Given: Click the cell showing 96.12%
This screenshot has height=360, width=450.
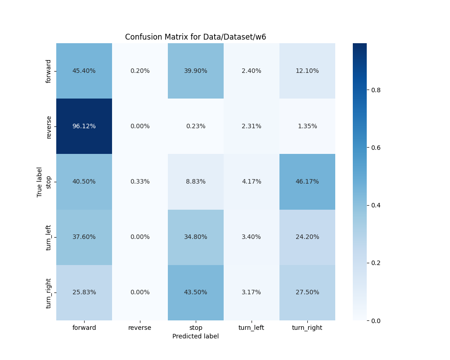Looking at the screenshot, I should click(x=84, y=126).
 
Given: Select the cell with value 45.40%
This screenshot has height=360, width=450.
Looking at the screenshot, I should click(x=84, y=71).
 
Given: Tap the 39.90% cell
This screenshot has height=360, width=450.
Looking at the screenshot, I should click(x=196, y=71).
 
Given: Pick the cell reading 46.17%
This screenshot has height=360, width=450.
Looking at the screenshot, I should click(x=307, y=181).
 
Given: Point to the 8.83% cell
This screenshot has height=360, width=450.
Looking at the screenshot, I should click(x=196, y=181).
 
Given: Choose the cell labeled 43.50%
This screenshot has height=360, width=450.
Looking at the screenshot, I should click(x=196, y=292).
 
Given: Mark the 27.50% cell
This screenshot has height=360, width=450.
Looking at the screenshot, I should click(x=307, y=292).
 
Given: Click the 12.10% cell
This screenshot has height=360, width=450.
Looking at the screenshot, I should click(x=307, y=71).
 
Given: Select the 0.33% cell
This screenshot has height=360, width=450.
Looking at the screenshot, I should click(x=140, y=181).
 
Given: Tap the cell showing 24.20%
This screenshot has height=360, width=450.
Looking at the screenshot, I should click(x=307, y=237).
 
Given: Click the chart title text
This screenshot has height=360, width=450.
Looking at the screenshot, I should click(x=195, y=37).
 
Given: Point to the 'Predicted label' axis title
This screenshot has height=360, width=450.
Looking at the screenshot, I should click(x=195, y=336).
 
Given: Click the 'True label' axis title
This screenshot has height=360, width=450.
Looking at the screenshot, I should click(x=40, y=182).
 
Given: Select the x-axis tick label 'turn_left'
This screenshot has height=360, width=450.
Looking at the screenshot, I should click(x=251, y=328).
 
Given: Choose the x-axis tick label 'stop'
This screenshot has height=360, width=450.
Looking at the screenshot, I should click(x=196, y=328).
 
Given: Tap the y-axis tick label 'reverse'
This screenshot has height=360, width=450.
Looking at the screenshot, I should click(x=49, y=126).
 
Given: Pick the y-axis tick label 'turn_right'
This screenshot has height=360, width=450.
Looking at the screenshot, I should click(x=49, y=292).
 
